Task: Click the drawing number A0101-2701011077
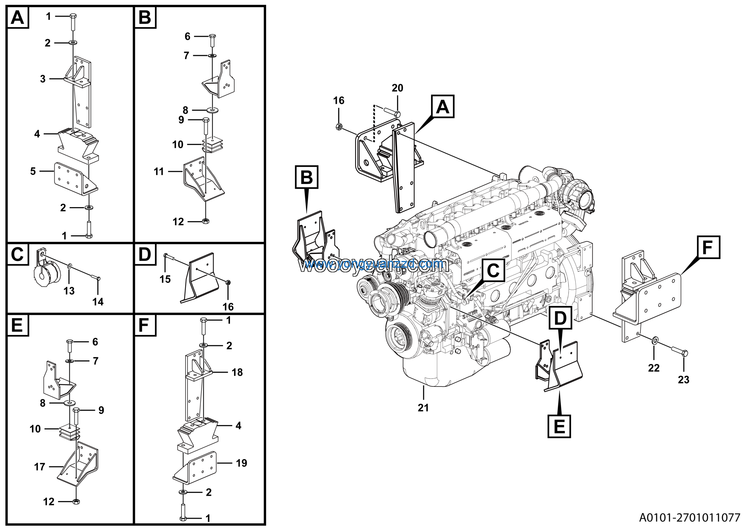(x=690, y=517)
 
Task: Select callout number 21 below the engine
(x=423, y=407)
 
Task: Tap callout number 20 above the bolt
(x=397, y=88)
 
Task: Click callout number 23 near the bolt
(x=683, y=379)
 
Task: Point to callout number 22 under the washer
(x=654, y=368)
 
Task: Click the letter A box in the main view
(x=442, y=106)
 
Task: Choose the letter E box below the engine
(x=559, y=426)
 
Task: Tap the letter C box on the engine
(x=493, y=270)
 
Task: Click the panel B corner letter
(x=145, y=17)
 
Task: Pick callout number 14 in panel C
(x=98, y=302)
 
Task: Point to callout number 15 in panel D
(x=165, y=279)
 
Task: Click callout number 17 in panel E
(x=39, y=467)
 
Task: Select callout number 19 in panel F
(x=241, y=463)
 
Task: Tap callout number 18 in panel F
(x=237, y=372)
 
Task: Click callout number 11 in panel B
(x=159, y=171)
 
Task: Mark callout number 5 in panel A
(x=33, y=171)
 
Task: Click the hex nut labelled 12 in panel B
(x=206, y=221)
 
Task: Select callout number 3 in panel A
(x=43, y=79)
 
